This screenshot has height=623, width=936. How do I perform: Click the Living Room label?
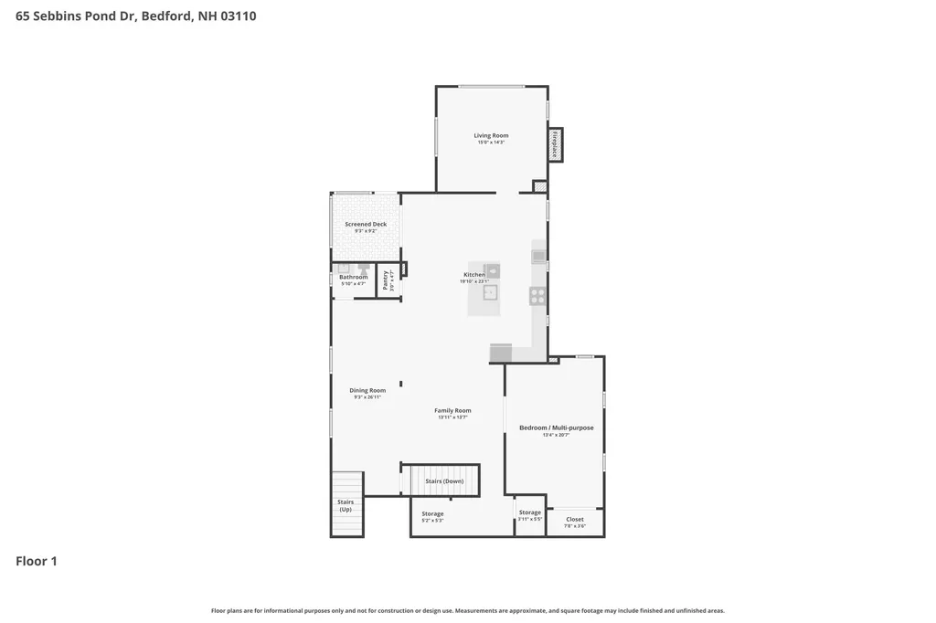click(491, 135)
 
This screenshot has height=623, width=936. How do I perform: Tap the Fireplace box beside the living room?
click(555, 144)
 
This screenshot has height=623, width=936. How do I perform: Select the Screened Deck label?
click(366, 224)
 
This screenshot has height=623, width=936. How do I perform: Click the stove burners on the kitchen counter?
click(537, 295)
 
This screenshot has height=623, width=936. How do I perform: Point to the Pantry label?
click(385, 280)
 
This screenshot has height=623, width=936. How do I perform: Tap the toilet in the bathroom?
click(363, 269)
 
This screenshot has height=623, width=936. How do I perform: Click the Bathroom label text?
click(353, 277)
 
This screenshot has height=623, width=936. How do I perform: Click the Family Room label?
click(452, 410)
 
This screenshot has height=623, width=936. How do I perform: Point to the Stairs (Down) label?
click(444, 480)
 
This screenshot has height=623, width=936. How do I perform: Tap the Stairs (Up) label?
click(346, 505)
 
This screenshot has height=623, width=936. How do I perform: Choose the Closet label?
click(575, 519)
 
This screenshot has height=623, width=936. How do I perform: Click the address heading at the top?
click(136, 16)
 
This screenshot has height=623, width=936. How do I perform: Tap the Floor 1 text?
click(37, 561)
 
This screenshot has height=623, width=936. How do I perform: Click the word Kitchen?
click(474, 274)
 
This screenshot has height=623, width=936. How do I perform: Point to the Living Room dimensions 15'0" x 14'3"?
click(491, 143)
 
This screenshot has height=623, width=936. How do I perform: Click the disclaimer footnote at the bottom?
click(468, 610)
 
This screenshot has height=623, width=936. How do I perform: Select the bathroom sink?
click(344, 269)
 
